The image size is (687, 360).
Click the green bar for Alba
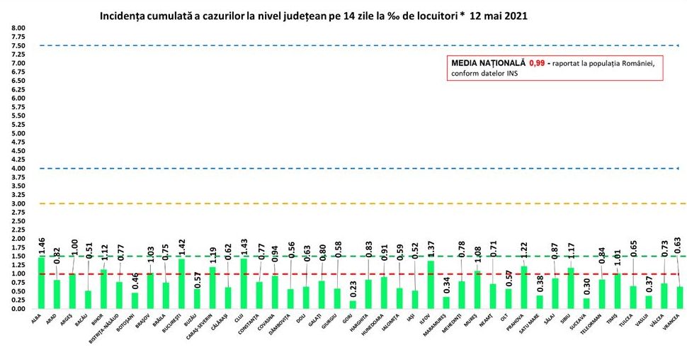coord(41,283)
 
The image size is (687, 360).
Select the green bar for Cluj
coord(244,283)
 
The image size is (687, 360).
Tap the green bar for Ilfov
coord(431,285)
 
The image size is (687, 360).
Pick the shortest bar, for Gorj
coord(353,305)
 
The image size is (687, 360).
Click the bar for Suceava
coord(587,303)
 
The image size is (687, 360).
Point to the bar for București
coord(181,283)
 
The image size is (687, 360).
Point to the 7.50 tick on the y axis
coord(16,46)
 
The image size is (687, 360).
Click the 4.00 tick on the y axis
coord(16,168)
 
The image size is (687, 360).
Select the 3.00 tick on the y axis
coord(16,203)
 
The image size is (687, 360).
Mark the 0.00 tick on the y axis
coord(16,309)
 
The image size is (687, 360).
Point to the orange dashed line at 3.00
coord(354,203)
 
